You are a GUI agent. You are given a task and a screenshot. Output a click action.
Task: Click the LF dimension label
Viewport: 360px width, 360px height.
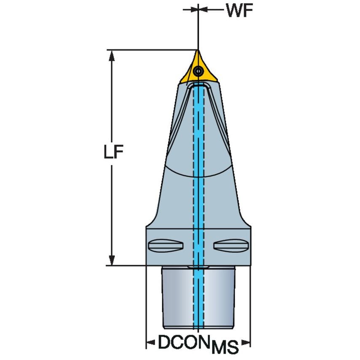(x=113, y=153)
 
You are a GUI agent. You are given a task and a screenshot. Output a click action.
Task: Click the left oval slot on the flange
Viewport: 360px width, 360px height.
(x=166, y=245)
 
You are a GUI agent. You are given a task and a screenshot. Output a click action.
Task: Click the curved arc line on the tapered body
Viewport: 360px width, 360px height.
(x=198, y=175)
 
